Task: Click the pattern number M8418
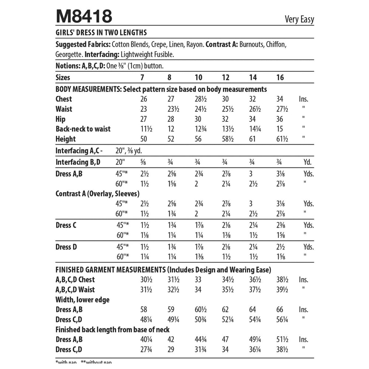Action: tap(84, 17)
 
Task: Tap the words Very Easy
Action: tap(299, 19)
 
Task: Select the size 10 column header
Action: tap(199, 77)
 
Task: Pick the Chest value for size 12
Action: tap(226, 99)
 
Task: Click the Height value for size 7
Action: tap(144, 139)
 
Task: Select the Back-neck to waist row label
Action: tap(83, 129)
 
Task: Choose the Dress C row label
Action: tap(66, 225)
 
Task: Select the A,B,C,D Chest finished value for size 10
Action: tap(199, 280)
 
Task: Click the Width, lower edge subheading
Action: tap(82, 300)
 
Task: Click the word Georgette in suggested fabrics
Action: tap(69, 54)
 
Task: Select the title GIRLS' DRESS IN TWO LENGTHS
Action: tap(101, 32)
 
